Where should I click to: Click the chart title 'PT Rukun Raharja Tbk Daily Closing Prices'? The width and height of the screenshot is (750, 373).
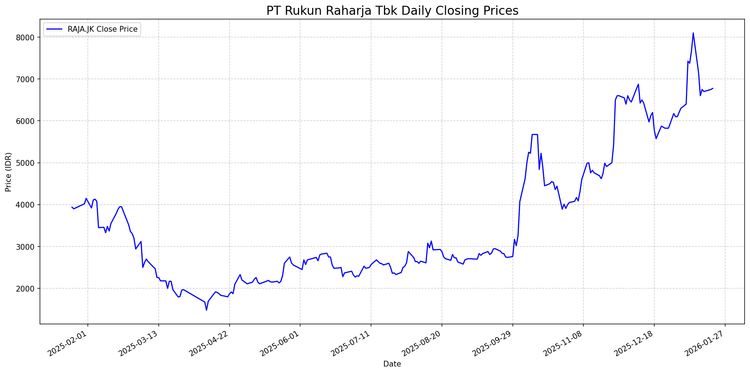click(392, 11)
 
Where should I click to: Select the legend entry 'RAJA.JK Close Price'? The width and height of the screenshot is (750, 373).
click(102, 29)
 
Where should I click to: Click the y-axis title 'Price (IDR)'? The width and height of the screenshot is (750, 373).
click(9, 172)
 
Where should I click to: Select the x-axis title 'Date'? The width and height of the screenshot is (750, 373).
click(392, 364)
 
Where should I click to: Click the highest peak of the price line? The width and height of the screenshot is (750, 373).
click(693, 33)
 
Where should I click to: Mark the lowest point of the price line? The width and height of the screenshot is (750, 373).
click(207, 310)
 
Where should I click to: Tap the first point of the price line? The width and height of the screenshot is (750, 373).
click(72, 207)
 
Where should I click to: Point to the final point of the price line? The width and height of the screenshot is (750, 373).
click(713, 88)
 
